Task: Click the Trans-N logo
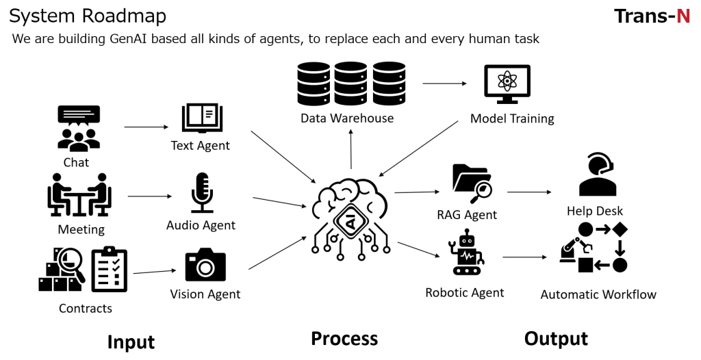point(651,16)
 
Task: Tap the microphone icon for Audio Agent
point(201,192)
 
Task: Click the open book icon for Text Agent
point(200,118)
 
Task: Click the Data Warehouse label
point(347,118)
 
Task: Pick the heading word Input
point(131,342)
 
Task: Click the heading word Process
point(344,339)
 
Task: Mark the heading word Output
point(556,339)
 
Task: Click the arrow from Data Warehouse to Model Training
point(444,83)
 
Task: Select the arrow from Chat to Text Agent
point(146,127)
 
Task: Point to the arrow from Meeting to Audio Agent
point(150,196)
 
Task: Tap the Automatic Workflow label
point(598,295)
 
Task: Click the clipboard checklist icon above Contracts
point(110,269)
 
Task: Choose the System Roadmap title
point(88,15)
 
